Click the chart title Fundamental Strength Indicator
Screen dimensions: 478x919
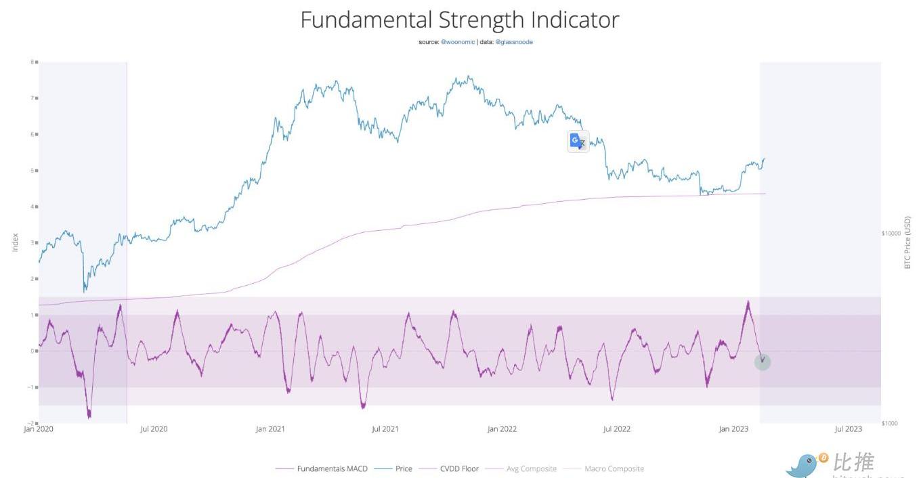[x=459, y=20]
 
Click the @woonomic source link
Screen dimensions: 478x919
[x=458, y=42]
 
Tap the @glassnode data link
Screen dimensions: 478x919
[x=514, y=42]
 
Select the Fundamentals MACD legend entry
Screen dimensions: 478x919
[x=332, y=469]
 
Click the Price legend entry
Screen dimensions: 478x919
[x=403, y=469]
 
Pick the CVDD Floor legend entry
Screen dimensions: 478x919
[x=459, y=469]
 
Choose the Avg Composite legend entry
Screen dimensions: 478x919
[x=531, y=469]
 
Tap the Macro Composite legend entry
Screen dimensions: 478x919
[x=614, y=469]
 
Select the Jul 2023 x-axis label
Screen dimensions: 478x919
[x=848, y=429]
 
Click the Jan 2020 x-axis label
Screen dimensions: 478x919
[x=38, y=429]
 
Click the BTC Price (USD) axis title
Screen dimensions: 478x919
[x=907, y=242]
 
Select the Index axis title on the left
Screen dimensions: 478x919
[x=15, y=242]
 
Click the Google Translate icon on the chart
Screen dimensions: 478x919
[x=578, y=141]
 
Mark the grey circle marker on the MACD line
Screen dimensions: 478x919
[x=763, y=362]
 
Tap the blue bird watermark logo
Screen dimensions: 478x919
[x=803, y=464]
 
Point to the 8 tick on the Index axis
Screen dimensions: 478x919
[x=32, y=62]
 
